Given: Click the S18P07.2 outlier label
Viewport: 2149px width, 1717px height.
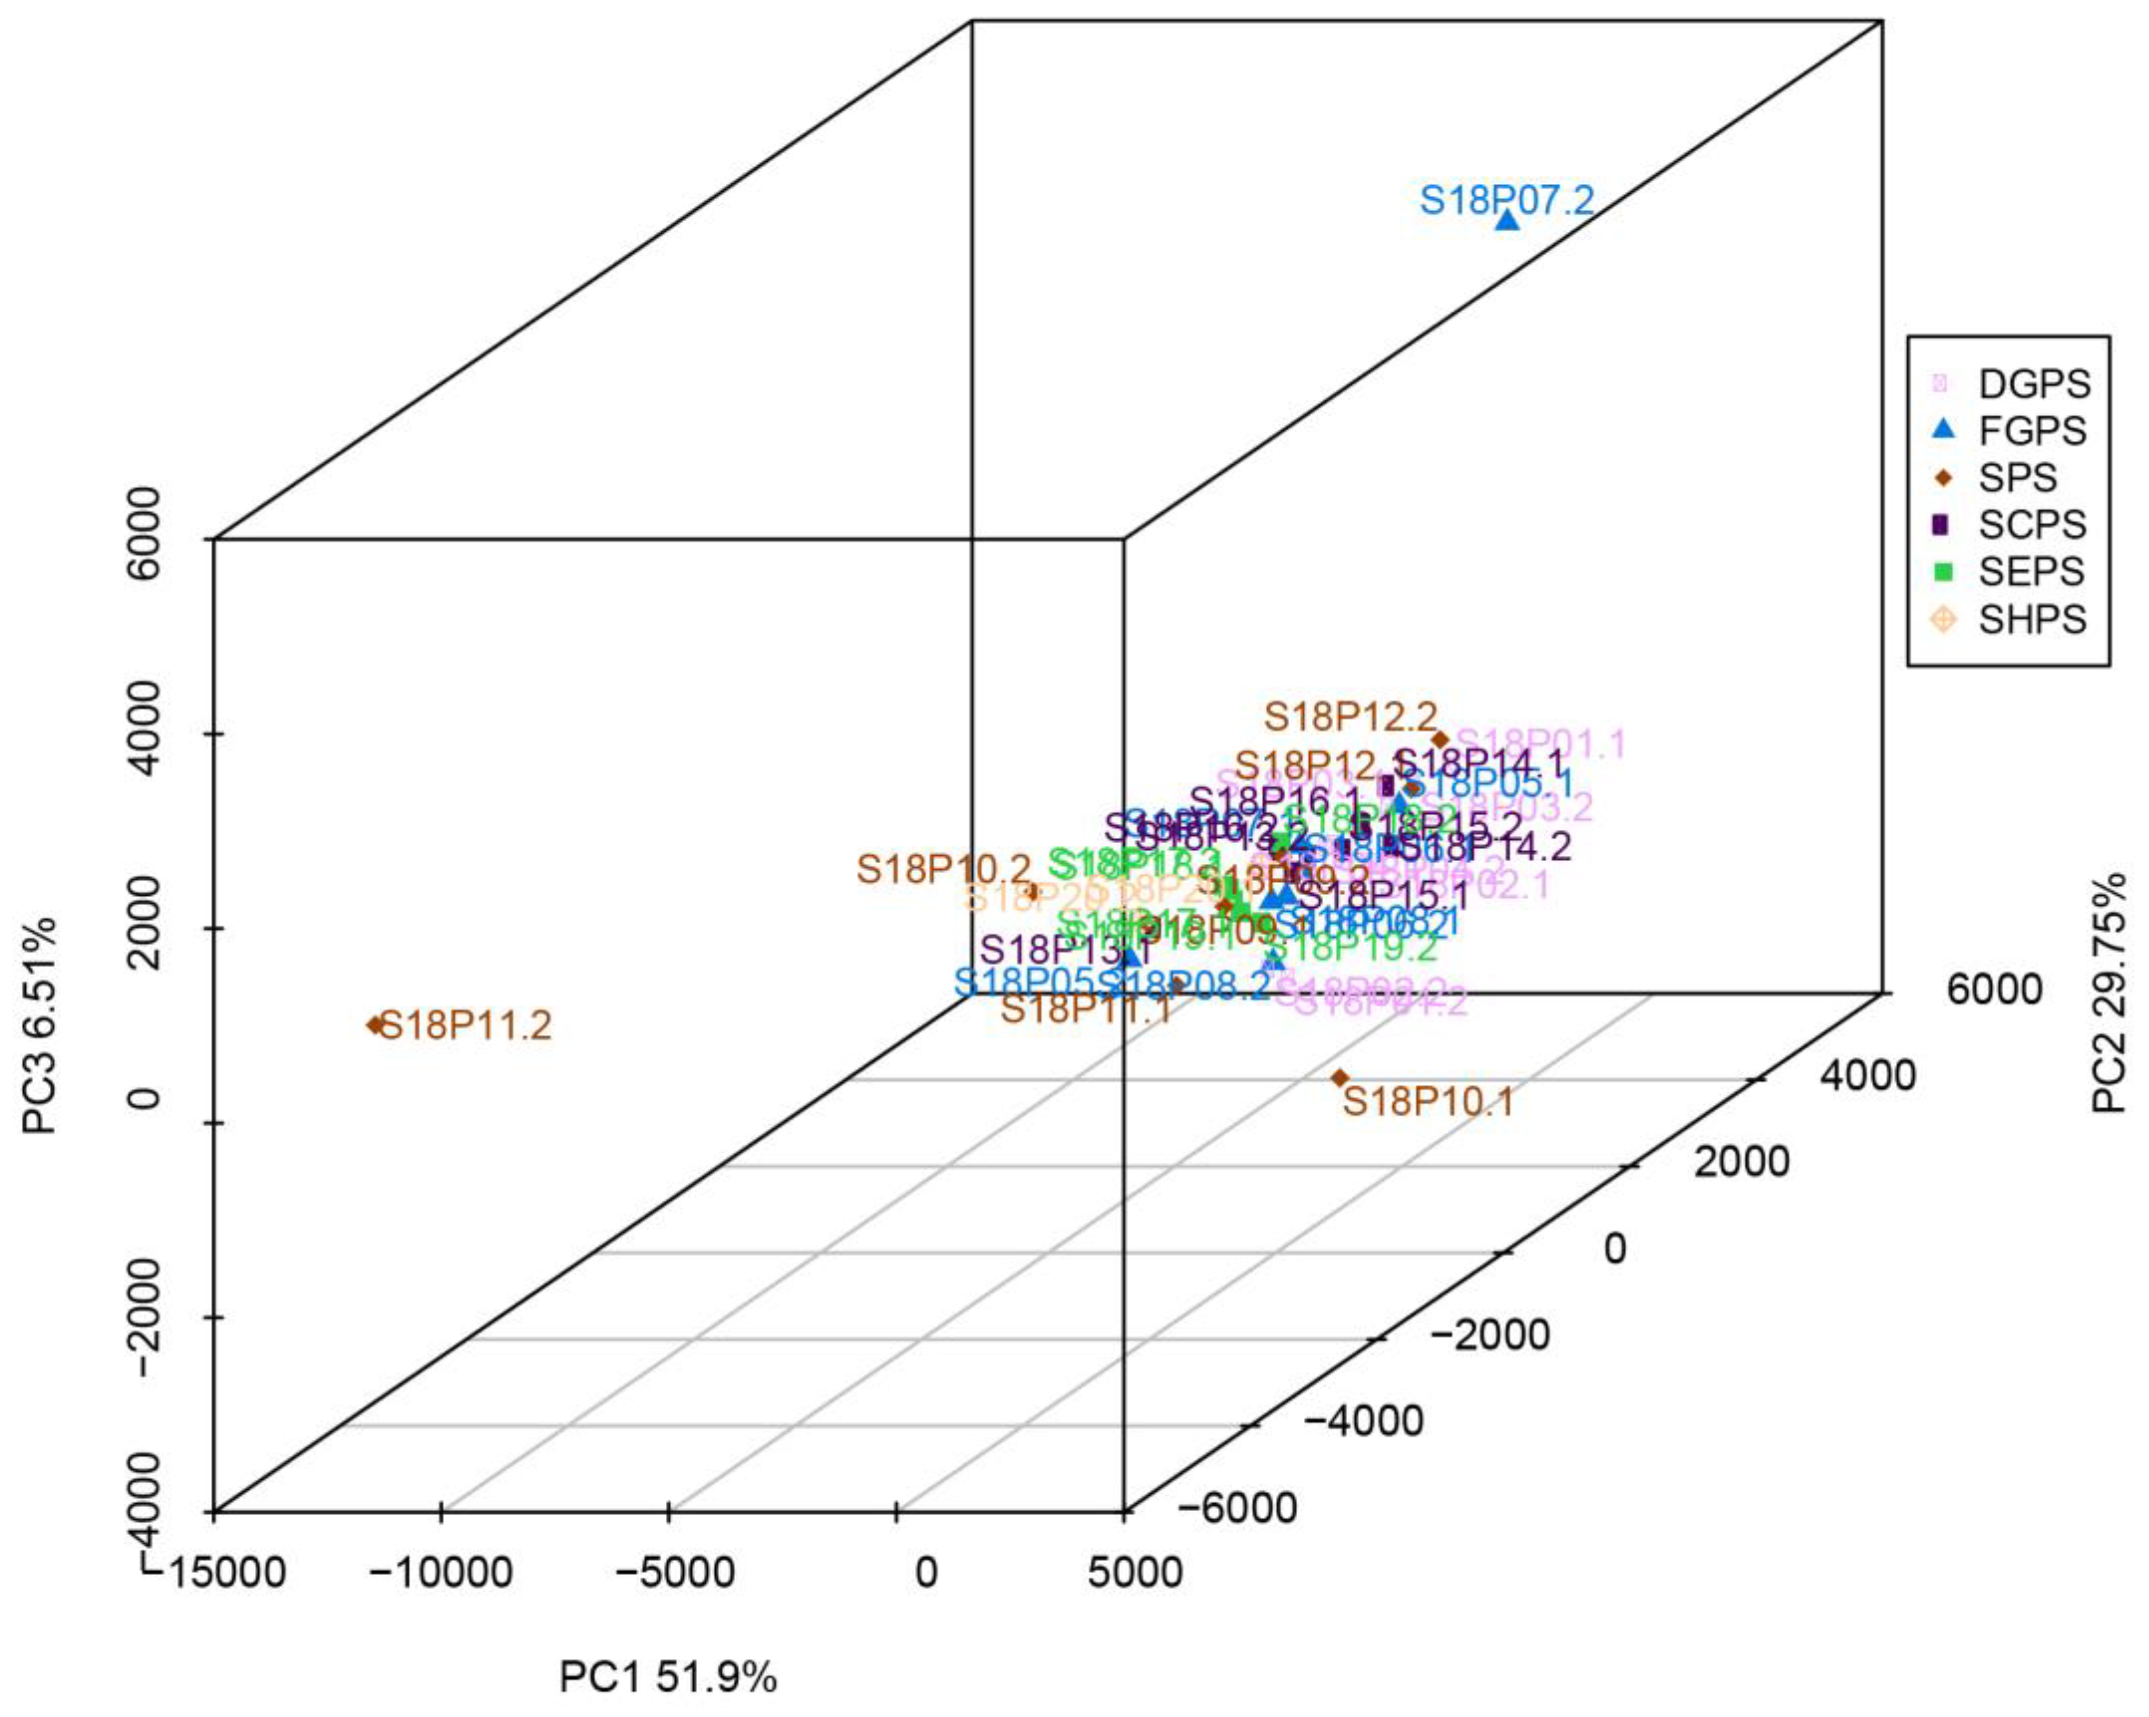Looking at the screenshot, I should click(1506, 201).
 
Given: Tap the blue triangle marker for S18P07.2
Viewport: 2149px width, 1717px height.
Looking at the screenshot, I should click(1508, 220).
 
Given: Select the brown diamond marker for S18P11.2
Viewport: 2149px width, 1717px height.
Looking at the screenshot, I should click(376, 1024).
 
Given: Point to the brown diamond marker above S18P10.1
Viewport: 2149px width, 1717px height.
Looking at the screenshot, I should click(1340, 1078).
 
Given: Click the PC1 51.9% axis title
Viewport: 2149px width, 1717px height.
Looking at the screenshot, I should click(668, 1677).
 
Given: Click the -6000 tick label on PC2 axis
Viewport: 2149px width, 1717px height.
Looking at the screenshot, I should click(1237, 1508).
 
